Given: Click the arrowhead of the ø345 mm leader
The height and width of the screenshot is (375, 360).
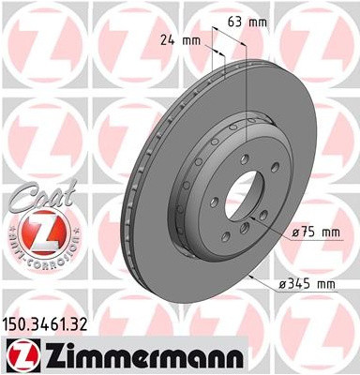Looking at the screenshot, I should pyautogui.click(x=256, y=273).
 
